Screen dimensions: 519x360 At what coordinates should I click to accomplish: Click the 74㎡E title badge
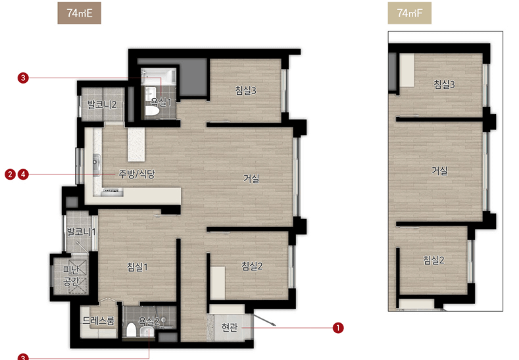80,13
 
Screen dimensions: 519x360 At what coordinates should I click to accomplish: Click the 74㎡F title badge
409,13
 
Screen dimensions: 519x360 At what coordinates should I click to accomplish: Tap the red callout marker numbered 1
338,328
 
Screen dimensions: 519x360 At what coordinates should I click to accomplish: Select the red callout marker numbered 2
11,174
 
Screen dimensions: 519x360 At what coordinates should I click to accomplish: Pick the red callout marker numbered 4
23,174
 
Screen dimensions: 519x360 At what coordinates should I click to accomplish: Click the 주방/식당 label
137,174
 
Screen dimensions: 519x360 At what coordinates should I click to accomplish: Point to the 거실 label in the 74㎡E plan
251,178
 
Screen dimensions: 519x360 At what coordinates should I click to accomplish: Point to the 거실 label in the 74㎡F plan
439,170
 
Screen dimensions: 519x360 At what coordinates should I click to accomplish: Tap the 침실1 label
137,267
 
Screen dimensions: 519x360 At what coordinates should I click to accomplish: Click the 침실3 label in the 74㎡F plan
444,84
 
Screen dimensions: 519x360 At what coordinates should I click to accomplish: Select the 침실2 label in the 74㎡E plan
252,266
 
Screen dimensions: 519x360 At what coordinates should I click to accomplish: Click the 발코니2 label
102,105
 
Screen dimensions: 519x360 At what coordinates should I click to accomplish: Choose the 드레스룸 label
99,321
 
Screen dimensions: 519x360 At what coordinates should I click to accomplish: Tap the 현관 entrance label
230,327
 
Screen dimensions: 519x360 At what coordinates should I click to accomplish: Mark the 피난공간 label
71,276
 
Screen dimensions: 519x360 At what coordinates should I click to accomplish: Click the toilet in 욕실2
132,330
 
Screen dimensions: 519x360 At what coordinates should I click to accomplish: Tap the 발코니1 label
81,232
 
